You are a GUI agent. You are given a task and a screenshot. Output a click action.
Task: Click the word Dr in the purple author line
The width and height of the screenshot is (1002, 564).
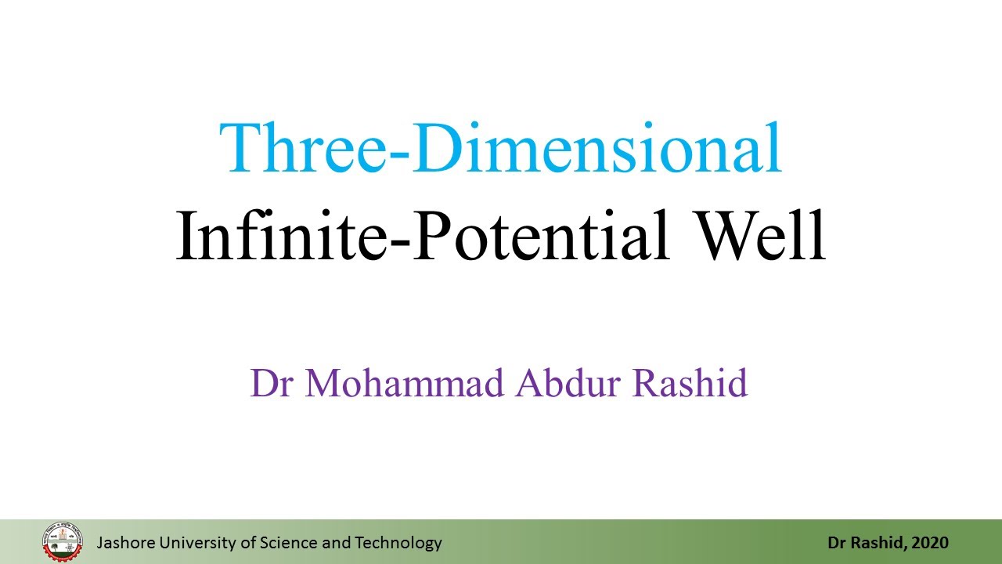[x=271, y=383]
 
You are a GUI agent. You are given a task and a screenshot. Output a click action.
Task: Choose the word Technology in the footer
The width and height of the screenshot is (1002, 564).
[x=398, y=542]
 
